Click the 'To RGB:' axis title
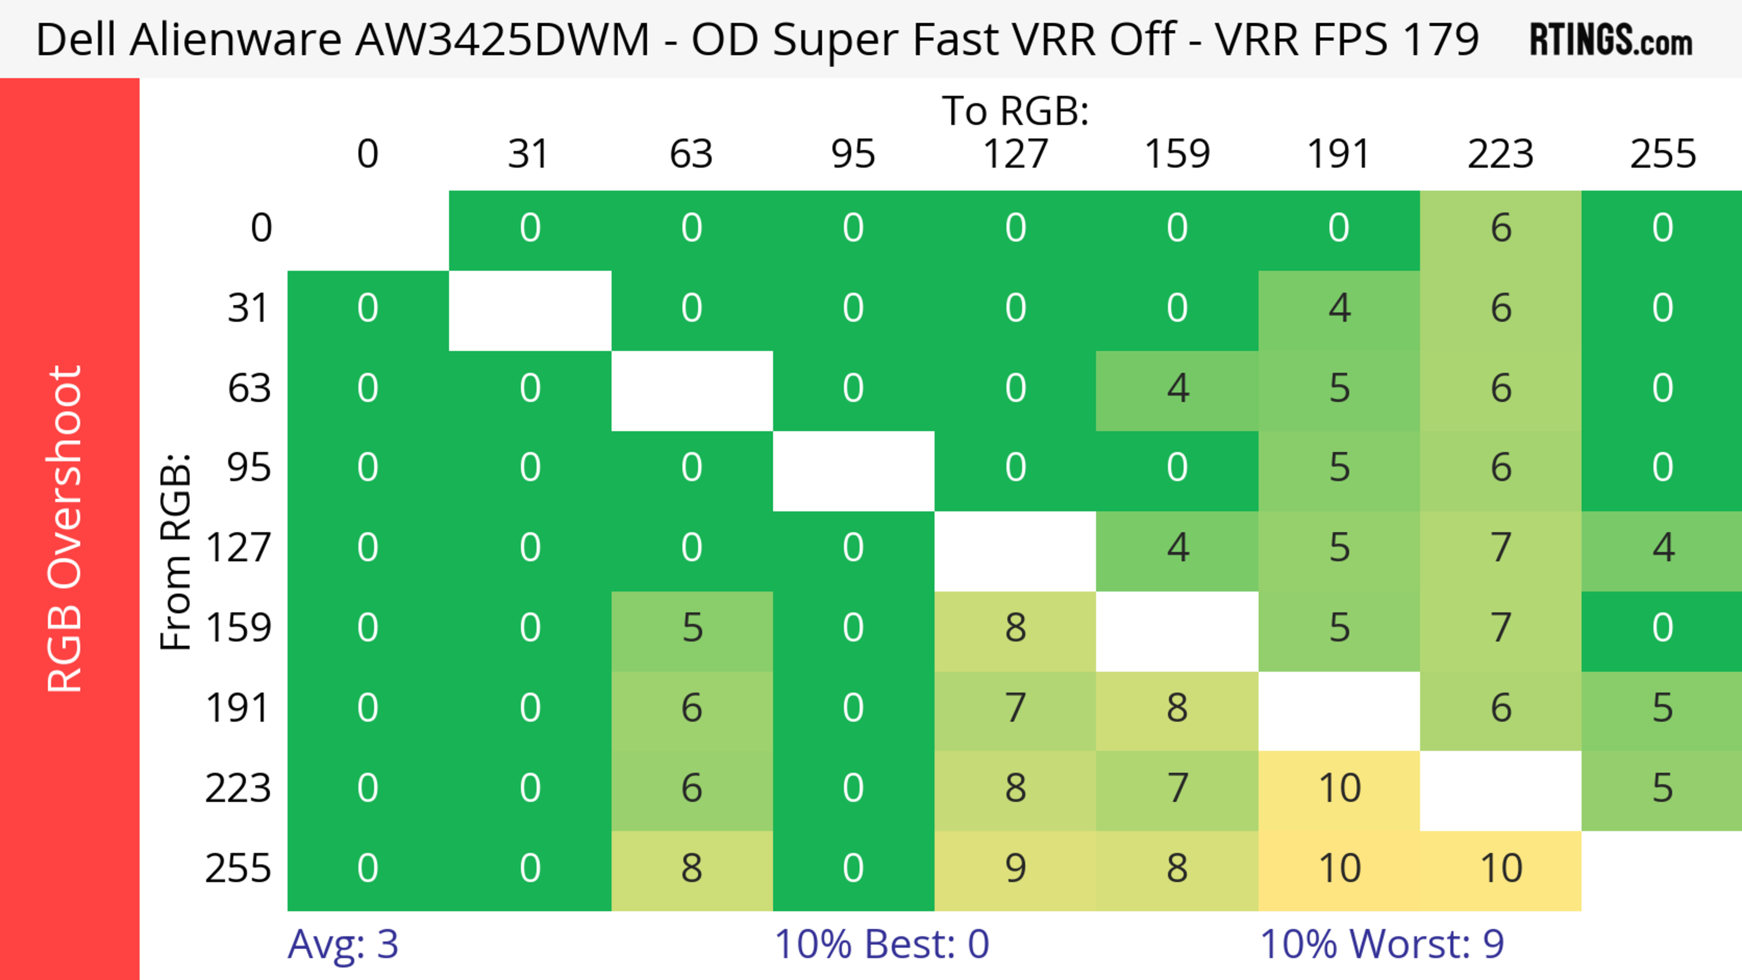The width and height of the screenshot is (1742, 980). point(1015,110)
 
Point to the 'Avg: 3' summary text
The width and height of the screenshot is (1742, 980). point(343,944)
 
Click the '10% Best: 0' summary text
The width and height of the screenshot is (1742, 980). point(881,944)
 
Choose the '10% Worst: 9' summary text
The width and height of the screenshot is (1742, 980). point(1381,944)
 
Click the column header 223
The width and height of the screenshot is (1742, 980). point(1501,154)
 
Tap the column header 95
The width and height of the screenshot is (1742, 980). point(853,154)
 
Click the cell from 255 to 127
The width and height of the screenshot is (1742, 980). point(1015,868)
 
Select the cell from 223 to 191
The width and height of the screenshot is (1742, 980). point(1339,789)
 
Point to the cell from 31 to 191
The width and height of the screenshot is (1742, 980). point(1339,308)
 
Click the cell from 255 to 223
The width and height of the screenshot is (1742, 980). point(1501,868)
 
